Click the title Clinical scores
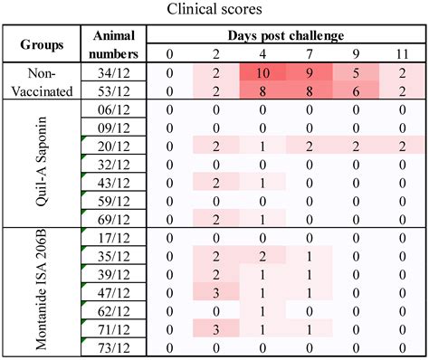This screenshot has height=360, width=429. [214, 10]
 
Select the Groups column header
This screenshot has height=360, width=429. [43, 43]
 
